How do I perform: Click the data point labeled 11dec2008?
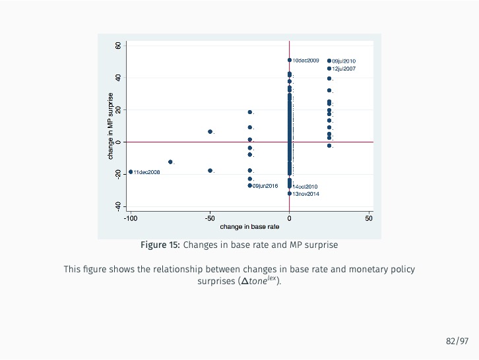[131, 172]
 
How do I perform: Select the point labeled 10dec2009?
[290, 60]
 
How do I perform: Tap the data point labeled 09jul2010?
[329, 61]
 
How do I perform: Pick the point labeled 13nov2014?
[290, 194]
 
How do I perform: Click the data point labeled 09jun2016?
[250, 185]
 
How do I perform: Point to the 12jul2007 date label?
[344, 69]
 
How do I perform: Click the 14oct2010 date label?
[305, 187]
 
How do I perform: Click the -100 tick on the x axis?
[131, 218]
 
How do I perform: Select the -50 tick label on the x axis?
[210, 218]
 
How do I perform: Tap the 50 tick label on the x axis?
[369, 218]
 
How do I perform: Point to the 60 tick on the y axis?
[117, 45]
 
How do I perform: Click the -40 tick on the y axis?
[117, 206]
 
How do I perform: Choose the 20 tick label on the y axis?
[117, 109]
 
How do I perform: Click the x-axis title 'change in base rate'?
[249, 227]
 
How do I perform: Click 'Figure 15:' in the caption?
[160, 245]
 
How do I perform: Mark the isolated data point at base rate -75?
[170, 162]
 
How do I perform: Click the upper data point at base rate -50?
[210, 132]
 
